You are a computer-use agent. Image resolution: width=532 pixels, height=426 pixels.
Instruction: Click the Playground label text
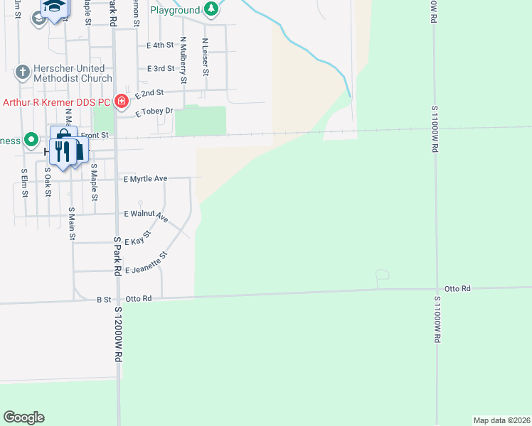[174, 10]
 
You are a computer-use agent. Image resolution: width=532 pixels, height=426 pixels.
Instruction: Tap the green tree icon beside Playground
[211, 9]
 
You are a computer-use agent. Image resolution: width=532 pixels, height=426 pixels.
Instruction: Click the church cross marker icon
[22, 72]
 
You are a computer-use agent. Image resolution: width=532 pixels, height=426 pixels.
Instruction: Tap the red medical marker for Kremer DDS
[122, 102]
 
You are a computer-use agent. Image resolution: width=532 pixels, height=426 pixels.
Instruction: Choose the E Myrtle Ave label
[145, 179]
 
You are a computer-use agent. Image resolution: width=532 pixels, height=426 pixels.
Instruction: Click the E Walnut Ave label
[146, 214]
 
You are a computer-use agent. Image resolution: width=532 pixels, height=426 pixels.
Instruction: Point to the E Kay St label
[139, 238]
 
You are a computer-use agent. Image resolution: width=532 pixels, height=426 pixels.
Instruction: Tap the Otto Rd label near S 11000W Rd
[457, 289]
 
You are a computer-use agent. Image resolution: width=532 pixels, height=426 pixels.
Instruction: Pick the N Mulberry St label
[183, 60]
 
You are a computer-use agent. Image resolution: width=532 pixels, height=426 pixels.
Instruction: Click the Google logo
[23, 417]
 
